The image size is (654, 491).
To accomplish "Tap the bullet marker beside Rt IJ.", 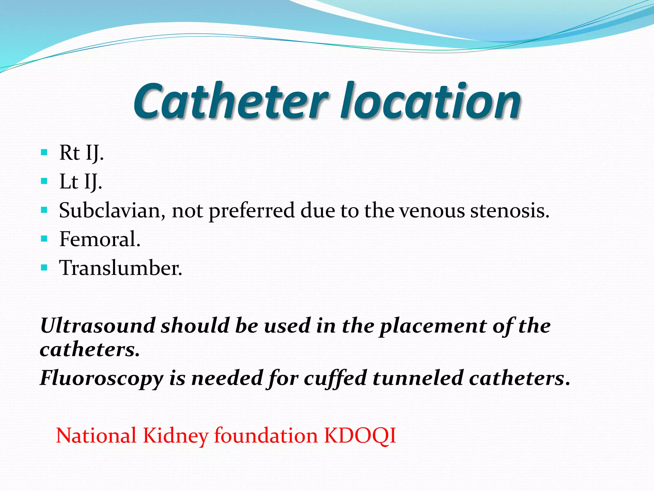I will point(44,152).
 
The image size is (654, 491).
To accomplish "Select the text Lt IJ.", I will point(81,182).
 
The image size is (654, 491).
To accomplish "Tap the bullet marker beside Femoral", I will point(44,238).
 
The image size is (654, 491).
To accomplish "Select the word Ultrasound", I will point(98,326).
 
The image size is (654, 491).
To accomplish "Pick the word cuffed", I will point(335,378).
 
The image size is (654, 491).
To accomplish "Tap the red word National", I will point(96,436).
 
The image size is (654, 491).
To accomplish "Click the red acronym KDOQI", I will point(360,436).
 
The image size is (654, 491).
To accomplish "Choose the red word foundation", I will point(266,436).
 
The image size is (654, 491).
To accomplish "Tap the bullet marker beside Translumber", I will point(44,267).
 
